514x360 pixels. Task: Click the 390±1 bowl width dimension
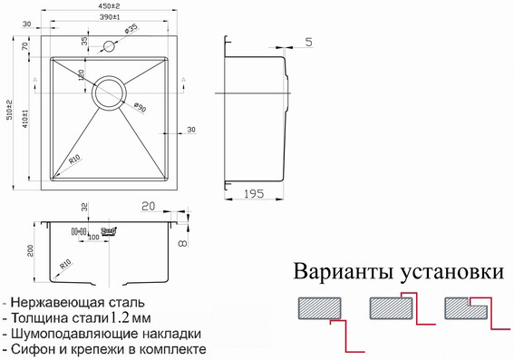pyautogui.click(x=111, y=18)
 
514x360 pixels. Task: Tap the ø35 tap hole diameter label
pyautogui.click(x=131, y=30)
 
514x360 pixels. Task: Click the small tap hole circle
pyautogui.click(x=111, y=44)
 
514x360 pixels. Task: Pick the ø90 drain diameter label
pyautogui.click(x=138, y=107)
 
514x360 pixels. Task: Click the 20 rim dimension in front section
pyautogui.click(x=148, y=207)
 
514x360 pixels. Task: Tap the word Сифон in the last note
pyautogui.click(x=34, y=349)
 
